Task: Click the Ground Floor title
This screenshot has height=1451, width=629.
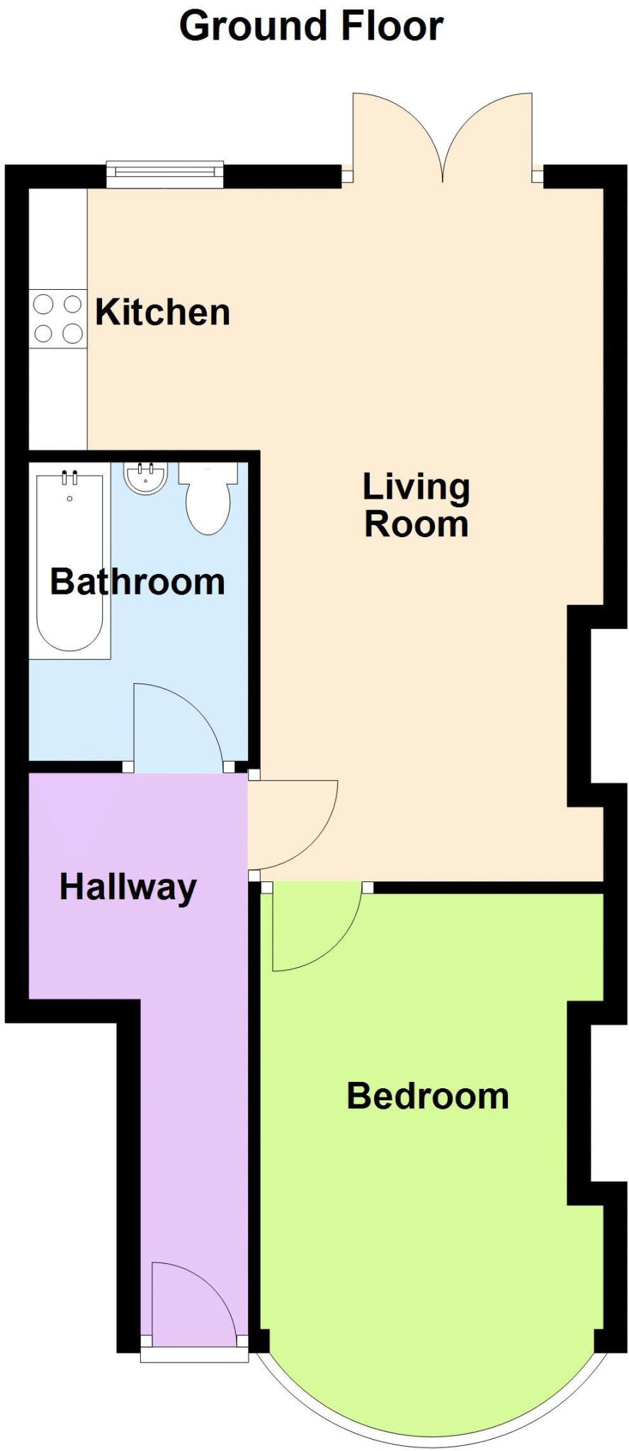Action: [311, 26]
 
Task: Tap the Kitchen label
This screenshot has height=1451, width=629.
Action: [163, 312]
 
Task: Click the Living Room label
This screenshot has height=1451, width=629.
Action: [416, 506]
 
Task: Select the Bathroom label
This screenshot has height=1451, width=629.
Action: [137, 582]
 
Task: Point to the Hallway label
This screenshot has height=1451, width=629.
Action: [128, 888]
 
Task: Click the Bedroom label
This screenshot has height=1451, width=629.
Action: [427, 1096]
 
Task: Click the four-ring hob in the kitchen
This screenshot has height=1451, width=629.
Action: [58, 319]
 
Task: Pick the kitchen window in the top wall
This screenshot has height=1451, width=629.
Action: [164, 174]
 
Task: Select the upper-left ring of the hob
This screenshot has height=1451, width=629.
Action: [44, 305]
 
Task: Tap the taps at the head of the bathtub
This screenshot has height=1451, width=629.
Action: [69, 478]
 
